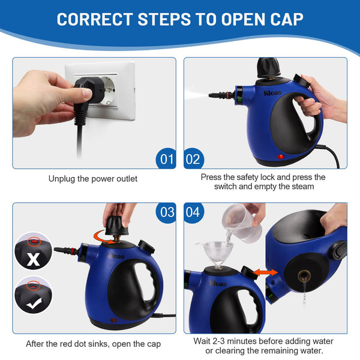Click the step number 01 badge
(x=166, y=158)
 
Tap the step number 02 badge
(x=194, y=158)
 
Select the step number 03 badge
(x=166, y=212)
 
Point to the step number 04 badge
(x=194, y=212)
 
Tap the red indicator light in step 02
(x=281, y=157)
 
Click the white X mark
(x=33, y=259)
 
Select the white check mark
(x=34, y=303)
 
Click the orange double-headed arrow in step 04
(x=265, y=272)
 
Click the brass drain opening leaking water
(x=304, y=276)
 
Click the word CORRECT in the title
(x=95, y=19)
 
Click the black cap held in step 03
(x=118, y=226)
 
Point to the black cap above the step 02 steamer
(x=269, y=67)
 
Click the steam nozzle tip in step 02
(x=211, y=95)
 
